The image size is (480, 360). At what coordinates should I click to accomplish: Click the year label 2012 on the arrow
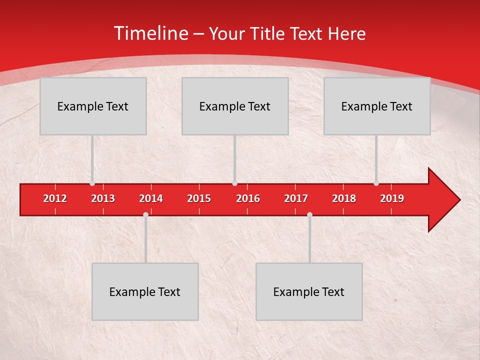click(x=55, y=198)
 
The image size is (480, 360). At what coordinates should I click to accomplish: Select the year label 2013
click(x=103, y=198)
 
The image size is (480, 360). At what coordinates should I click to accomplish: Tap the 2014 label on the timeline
click(x=151, y=198)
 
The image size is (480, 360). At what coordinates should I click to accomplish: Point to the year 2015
click(x=199, y=198)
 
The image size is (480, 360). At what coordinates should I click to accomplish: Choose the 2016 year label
click(x=248, y=198)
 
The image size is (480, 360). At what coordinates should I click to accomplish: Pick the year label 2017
click(x=296, y=198)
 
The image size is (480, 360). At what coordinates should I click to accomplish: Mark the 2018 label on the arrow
click(x=344, y=198)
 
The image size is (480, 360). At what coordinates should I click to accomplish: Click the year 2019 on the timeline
click(x=392, y=198)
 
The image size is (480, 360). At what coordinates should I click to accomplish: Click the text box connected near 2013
click(x=93, y=106)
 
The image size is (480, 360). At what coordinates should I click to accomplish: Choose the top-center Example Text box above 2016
click(x=235, y=106)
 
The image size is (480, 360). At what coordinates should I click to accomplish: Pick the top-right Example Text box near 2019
click(x=377, y=106)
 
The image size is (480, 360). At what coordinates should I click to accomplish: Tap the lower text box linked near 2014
click(x=145, y=291)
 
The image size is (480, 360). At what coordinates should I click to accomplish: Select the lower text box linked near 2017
click(x=309, y=291)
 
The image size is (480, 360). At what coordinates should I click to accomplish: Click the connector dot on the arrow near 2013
click(x=92, y=183)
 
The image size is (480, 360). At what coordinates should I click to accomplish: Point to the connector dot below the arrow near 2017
click(x=309, y=214)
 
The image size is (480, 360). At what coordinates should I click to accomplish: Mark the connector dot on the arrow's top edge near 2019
click(x=376, y=183)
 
